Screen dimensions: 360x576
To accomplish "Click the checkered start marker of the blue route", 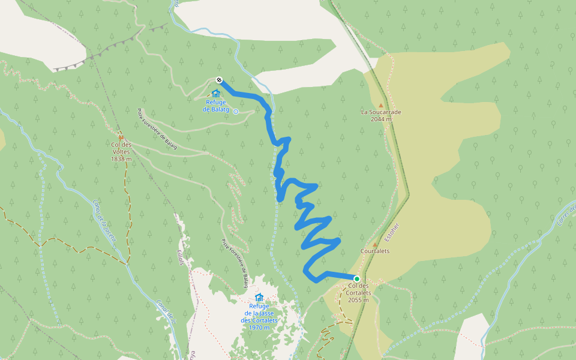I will pos(220,80).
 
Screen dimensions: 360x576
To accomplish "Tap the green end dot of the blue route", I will pos(356,278).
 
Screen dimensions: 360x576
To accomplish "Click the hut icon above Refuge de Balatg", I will pos(216,93).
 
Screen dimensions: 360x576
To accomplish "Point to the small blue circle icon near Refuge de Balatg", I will pos(236,112).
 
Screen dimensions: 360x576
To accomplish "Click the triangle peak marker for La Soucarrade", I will pos(380,105).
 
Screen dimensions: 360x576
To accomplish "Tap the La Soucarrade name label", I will pos(380,112).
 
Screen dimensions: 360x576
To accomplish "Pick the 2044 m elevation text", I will pos(380,119).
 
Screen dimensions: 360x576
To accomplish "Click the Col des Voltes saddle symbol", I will pos(121,137).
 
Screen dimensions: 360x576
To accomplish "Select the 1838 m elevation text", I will pos(121,158).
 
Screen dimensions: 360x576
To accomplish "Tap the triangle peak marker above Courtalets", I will pos(375,244).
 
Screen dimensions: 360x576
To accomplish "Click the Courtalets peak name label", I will pos(375,251).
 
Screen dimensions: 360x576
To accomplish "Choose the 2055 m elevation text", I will pos(358,300).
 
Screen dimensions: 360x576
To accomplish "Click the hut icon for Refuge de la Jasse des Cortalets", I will pos(259,297).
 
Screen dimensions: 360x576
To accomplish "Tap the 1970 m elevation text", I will pos(259,328).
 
